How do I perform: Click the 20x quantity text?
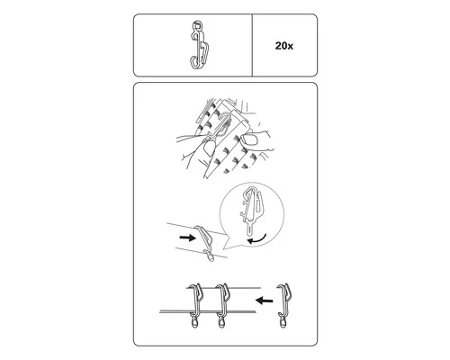284,46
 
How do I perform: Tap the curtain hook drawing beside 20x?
198,44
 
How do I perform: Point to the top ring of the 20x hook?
197,25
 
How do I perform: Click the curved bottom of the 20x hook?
194,63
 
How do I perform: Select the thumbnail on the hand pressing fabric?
251,140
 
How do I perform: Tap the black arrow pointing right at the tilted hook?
187,238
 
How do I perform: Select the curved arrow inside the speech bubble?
256,239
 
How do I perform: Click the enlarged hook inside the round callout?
251,210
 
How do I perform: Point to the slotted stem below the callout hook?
250,230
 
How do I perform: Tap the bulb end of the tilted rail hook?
211,257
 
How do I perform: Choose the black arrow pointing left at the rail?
264,300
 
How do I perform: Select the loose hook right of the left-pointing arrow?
283,305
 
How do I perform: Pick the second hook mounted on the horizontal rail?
222,305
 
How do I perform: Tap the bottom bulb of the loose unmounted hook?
283,324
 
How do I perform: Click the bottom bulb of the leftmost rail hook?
193,324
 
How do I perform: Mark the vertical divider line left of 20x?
252,45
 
